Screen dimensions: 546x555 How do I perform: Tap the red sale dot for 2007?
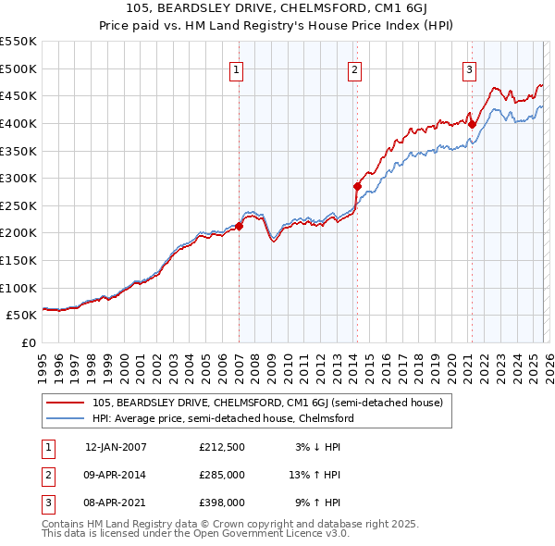(x=239, y=226)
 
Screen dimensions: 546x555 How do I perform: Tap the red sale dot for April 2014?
(x=357, y=186)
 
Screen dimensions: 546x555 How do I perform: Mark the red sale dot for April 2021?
(x=471, y=124)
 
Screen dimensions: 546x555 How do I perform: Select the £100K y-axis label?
(x=18, y=288)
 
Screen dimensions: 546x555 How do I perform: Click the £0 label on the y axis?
(x=28, y=342)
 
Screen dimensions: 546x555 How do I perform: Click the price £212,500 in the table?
(x=222, y=447)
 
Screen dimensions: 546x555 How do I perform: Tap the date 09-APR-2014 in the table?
(x=116, y=475)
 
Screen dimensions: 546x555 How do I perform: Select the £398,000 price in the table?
(x=222, y=503)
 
